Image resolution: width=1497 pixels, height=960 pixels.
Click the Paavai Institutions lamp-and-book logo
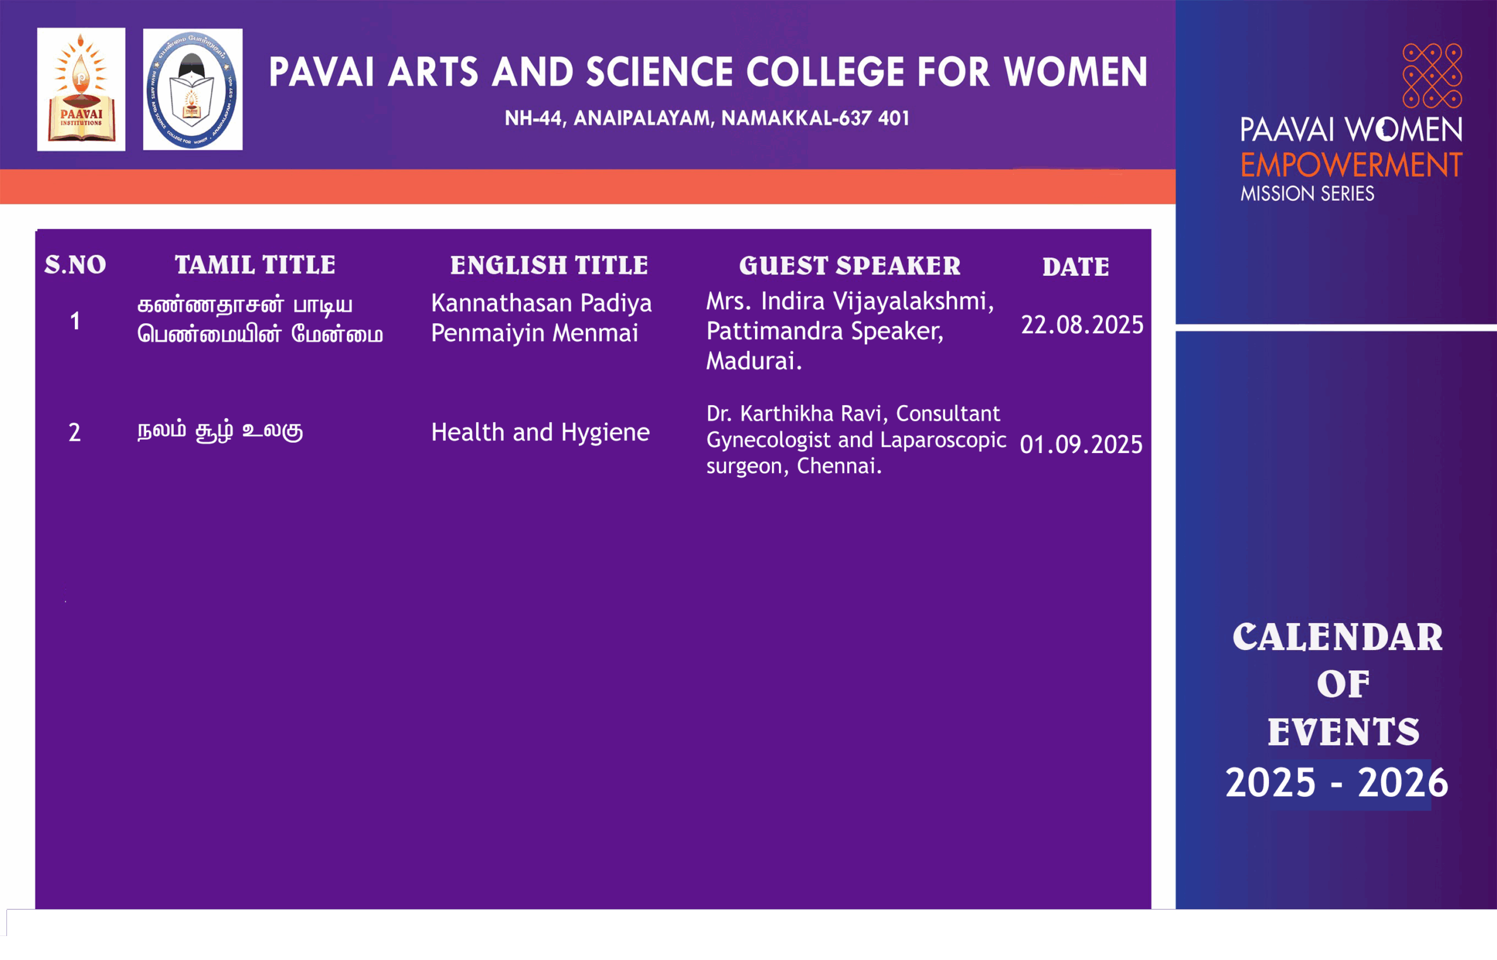81,89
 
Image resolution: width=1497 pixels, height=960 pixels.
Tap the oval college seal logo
192,89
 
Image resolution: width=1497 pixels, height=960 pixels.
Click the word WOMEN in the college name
1075,72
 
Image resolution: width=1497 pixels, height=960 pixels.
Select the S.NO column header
75,265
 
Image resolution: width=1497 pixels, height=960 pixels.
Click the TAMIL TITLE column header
255,265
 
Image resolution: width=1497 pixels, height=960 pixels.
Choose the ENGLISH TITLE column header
549,265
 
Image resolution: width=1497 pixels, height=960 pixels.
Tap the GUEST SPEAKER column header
850,266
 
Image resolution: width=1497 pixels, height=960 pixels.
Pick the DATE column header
1075,267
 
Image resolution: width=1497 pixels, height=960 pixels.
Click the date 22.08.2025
1082,325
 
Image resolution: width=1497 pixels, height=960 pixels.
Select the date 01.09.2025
1081,444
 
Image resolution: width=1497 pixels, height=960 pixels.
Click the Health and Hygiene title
540,433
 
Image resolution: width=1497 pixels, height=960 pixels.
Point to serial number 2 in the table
75,433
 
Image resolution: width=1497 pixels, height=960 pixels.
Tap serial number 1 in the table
75,322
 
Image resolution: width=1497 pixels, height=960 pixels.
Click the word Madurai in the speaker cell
753,361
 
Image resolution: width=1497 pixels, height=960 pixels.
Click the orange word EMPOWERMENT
1351,165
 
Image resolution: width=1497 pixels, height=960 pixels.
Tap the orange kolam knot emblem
1432,75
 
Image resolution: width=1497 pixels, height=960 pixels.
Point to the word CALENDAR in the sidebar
1337,638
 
